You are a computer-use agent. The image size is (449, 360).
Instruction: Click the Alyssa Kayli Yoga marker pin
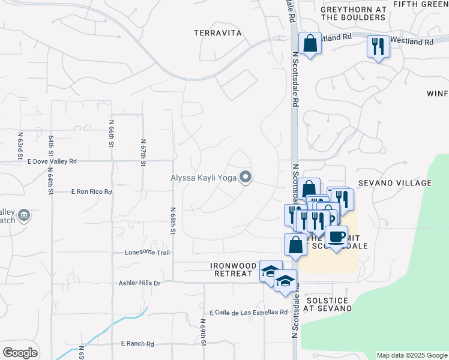[245, 177]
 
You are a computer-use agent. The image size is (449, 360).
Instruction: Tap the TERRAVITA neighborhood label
[217, 34]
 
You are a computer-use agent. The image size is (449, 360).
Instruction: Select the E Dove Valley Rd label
[52, 161]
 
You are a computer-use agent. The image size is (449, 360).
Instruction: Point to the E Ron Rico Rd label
[91, 192]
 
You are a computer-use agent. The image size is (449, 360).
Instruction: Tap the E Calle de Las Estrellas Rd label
[249, 313]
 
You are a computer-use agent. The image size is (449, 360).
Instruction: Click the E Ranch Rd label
[137, 344]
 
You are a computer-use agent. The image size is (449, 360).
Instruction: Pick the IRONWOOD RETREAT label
[231, 269]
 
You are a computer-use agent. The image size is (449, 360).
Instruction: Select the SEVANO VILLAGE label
[403, 183]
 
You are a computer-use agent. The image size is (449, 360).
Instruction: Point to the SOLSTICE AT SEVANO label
[327, 304]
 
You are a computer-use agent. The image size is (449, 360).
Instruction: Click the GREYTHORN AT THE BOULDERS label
[353, 13]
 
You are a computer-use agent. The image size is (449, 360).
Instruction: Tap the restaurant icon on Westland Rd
[378, 46]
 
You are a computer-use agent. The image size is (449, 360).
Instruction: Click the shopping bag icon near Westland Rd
[310, 44]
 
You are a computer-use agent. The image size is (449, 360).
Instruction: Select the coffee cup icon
[337, 237]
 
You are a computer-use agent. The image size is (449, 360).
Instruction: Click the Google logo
[20, 353]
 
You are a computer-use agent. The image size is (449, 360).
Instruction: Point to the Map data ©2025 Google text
[411, 355]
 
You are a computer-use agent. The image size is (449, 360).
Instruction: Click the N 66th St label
[112, 133]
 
